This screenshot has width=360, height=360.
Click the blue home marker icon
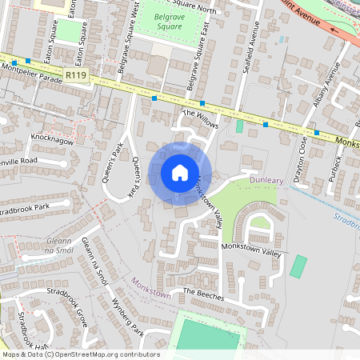coord(180,172)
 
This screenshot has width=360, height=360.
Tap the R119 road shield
coord(77,75)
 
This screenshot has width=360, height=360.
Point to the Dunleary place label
coord(266,181)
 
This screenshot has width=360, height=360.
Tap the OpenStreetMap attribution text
coord(80,354)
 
